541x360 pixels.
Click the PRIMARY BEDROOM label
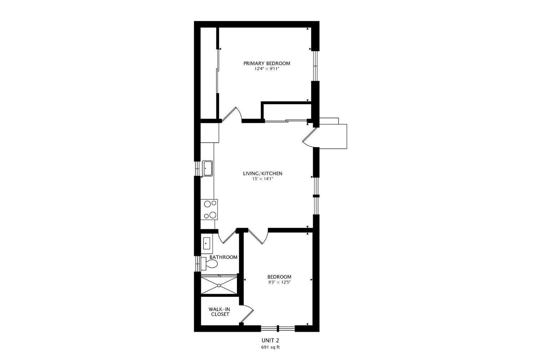point(267,63)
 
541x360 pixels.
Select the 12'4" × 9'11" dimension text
point(267,68)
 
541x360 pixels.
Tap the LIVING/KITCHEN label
point(262,173)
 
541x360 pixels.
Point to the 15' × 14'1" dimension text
point(262,179)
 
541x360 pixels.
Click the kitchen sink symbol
point(207,168)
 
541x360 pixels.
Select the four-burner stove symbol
point(210,209)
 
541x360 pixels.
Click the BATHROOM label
point(224,257)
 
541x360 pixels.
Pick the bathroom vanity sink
point(207,243)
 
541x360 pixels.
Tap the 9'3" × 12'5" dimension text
point(279,282)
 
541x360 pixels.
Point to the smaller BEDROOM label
point(279,277)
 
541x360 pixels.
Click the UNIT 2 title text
point(270,340)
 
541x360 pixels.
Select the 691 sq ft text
point(270,347)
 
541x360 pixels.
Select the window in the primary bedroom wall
point(315,66)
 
